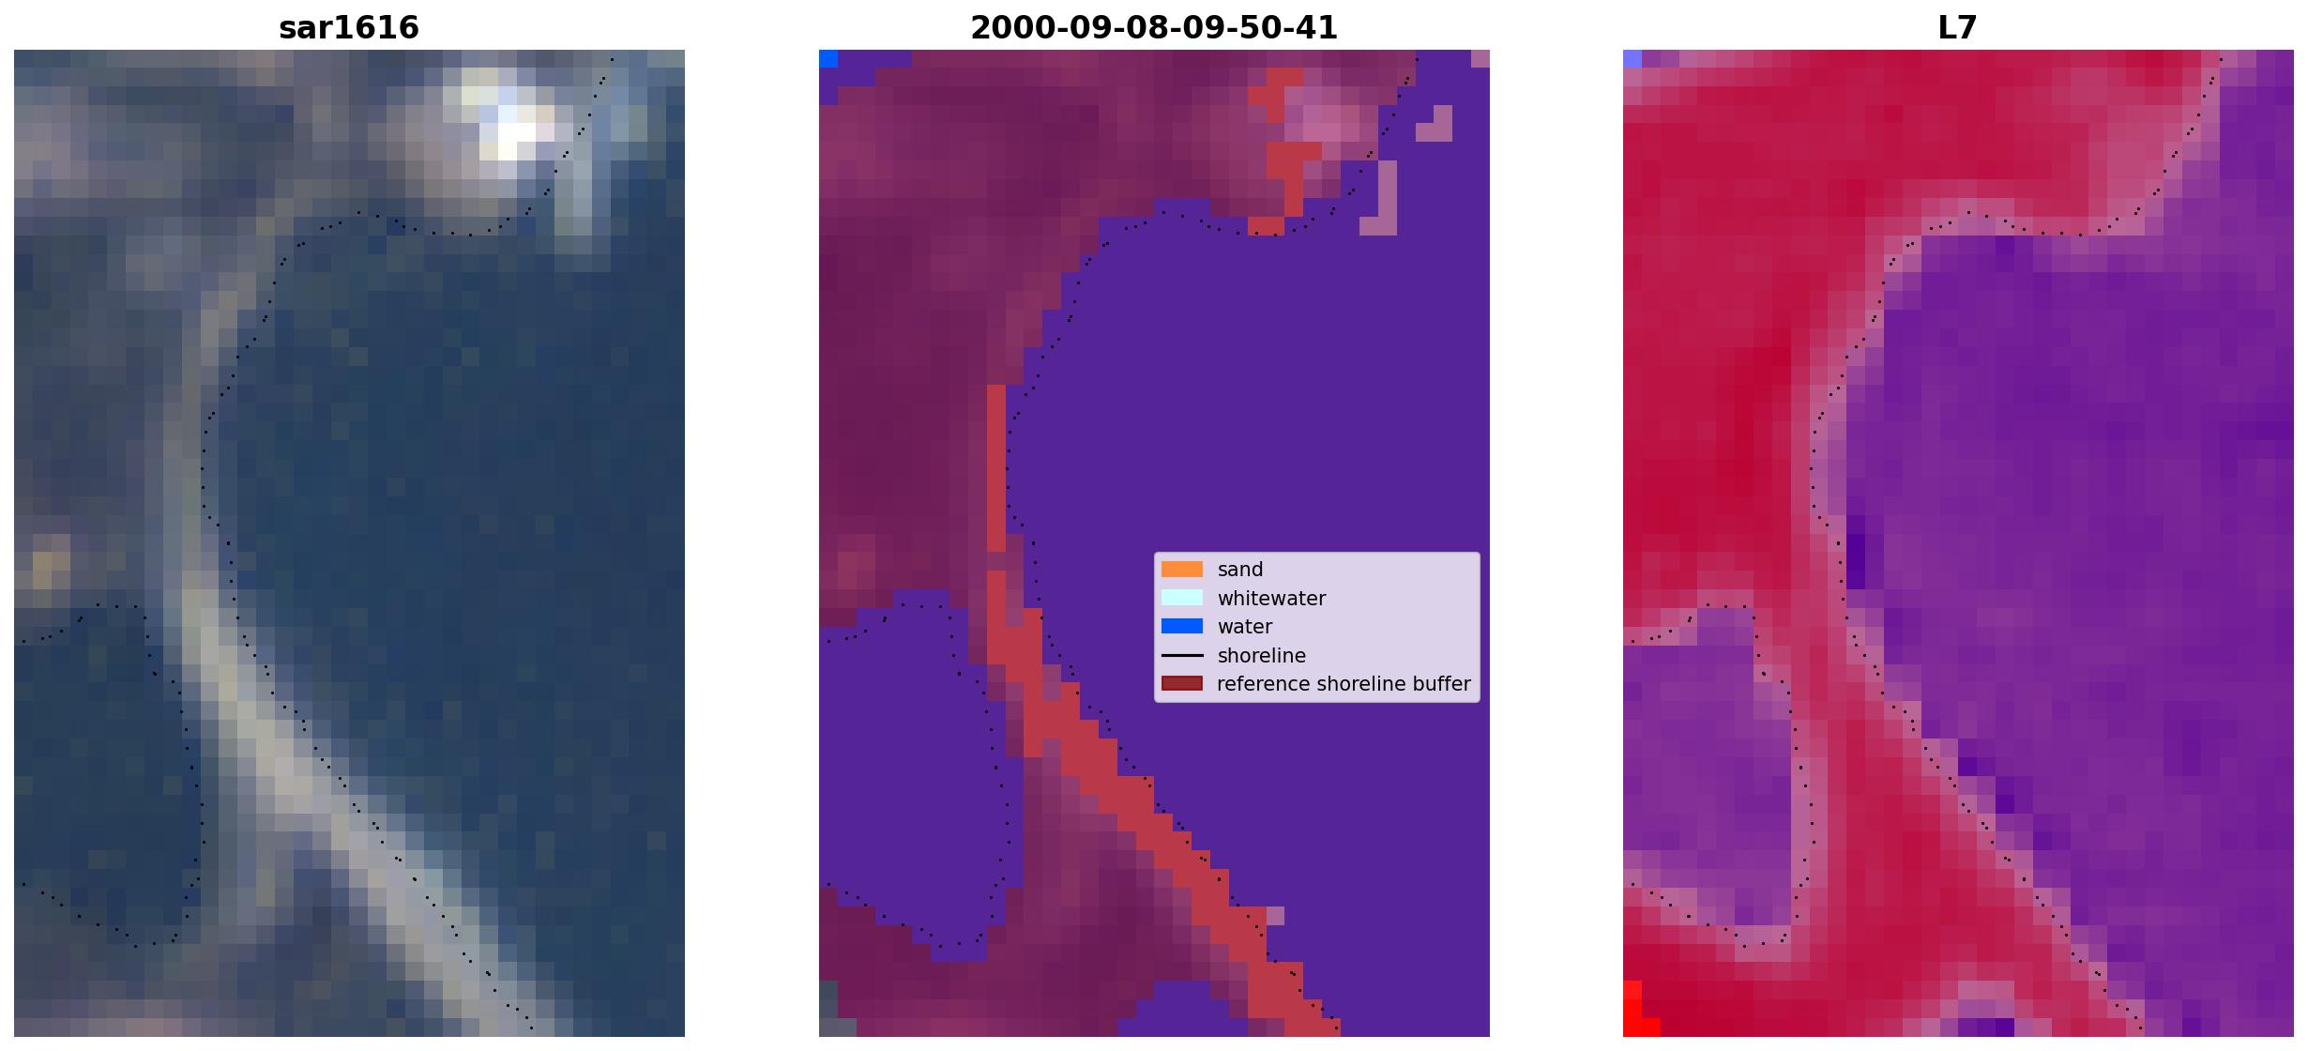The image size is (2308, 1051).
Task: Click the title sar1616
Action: [x=349, y=27]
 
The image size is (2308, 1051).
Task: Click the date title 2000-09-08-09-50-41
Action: [x=1154, y=27]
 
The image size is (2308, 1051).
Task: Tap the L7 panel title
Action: [x=1958, y=27]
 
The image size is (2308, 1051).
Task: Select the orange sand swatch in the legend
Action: [x=1182, y=569]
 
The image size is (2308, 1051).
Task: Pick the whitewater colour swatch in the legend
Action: [x=1182, y=598]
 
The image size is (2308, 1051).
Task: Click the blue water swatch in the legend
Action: [x=1182, y=626]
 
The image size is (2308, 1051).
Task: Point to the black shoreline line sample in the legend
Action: [x=1182, y=655]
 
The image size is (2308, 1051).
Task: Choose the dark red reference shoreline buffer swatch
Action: [x=1182, y=683]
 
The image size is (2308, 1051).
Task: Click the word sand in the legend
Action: [x=1240, y=570]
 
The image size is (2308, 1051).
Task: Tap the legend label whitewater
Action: [x=1271, y=598]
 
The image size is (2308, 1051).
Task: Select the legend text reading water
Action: [x=1245, y=627]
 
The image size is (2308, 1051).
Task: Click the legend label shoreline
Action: [x=1262, y=655]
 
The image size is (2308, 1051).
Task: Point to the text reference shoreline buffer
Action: [x=1344, y=684]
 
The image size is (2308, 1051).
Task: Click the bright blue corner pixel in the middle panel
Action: [x=828, y=59]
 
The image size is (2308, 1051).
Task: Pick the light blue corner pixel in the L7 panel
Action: [x=1632, y=59]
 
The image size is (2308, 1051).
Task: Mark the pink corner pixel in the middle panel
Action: [x=1480, y=59]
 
